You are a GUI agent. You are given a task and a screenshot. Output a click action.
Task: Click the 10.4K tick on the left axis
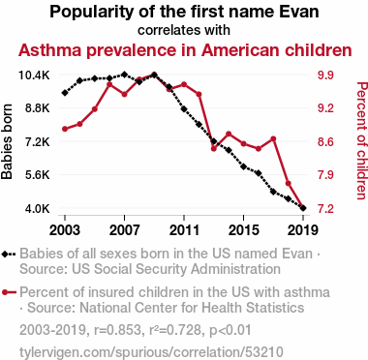pyautogui.click(x=34, y=75)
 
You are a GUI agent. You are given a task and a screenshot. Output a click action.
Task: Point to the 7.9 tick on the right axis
pyautogui.click(x=325, y=175)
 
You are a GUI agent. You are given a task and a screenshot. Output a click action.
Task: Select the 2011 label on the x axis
pyautogui.click(x=184, y=230)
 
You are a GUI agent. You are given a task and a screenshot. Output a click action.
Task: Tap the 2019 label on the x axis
pyautogui.click(x=303, y=230)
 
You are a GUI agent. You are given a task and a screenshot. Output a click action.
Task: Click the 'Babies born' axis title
pyautogui.click(x=7, y=141)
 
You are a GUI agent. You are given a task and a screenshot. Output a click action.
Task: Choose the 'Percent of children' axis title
pyautogui.click(x=362, y=141)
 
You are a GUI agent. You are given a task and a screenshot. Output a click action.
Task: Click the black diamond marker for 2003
pyautogui.click(x=65, y=93)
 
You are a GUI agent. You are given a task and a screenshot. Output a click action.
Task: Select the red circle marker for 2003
pyautogui.click(x=65, y=129)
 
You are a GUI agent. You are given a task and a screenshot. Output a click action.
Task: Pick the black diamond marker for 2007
pyautogui.click(x=124, y=75)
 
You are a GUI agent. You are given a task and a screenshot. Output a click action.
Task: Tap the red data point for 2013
pyautogui.click(x=214, y=149)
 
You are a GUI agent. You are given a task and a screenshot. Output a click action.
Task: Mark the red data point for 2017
pyautogui.click(x=273, y=138)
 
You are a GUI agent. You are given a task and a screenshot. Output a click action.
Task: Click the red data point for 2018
pyautogui.click(x=289, y=184)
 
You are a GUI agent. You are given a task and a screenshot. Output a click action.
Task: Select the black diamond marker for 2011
pyautogui.click(x=184, y=109)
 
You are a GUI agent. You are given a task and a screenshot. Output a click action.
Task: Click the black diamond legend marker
pyautogui.click(x=5, y=254)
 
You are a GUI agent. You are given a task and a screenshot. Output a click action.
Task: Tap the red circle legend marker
pyautogui.click(x=5, y=292)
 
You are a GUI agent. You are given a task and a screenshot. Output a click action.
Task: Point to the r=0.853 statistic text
pyautogui.click(x=117, y=330)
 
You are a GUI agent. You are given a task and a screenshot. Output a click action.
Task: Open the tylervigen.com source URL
pyautogui.click(x=151, y=352)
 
